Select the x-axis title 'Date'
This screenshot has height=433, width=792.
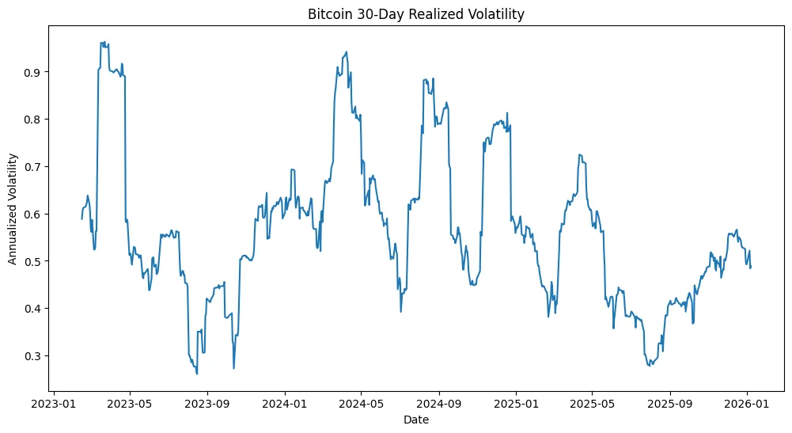coord(415,420)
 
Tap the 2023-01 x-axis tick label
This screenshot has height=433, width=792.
coord(53,404)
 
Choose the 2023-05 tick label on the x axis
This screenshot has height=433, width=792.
coord(130,404)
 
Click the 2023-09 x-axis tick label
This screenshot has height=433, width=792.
coord(207,404)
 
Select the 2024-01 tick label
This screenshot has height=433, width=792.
coord(284,404)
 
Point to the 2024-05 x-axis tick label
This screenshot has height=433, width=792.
coord(361,404)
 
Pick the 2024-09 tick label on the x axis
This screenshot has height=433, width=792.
coord(438,404)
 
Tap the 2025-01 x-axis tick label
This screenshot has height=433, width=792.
coord(516,404)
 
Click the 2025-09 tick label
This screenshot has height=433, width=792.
coord(670,404)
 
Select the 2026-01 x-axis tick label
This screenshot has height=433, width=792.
coord(747,404)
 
